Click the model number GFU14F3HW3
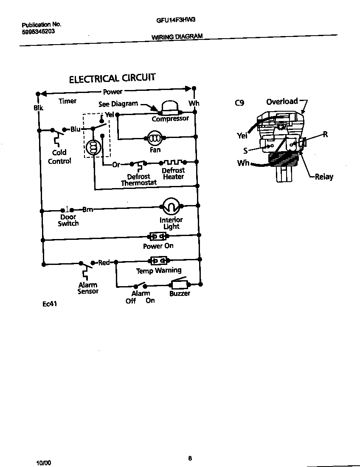tap(173, 20)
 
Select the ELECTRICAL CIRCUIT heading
tap(112, 79)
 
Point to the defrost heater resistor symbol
tap(173, 162)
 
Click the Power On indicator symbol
tap(158, 236)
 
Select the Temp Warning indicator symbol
tap(158, 261)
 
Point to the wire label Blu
tap(75, 129)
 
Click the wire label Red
tap(104, 262)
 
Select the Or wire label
tap(116, 165)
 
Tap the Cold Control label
tap(59, 157)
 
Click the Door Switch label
tap(68, 220)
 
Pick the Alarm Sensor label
tap(88, 288)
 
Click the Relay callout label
tap(324, 177)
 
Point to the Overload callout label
tap(282, 101)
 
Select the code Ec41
tap(50, 304)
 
